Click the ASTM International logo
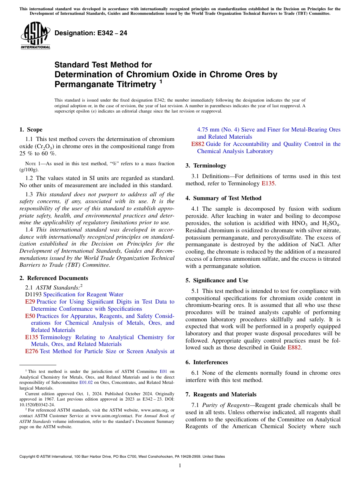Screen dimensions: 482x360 pos(35,36)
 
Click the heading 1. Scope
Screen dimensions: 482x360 pos(31,130)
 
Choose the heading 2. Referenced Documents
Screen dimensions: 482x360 pos(53,278)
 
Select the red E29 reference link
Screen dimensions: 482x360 pos(30,302)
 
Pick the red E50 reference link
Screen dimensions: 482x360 pos(30,316)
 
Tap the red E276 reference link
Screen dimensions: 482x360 pos(31,351)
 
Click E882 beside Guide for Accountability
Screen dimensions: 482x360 pos(197,144)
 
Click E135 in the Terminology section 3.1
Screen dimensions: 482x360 pos(268,183)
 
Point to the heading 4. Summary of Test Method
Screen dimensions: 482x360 pos(223,198)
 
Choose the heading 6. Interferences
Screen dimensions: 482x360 pos(207,362)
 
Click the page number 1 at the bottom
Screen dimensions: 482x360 pos(180,465)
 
